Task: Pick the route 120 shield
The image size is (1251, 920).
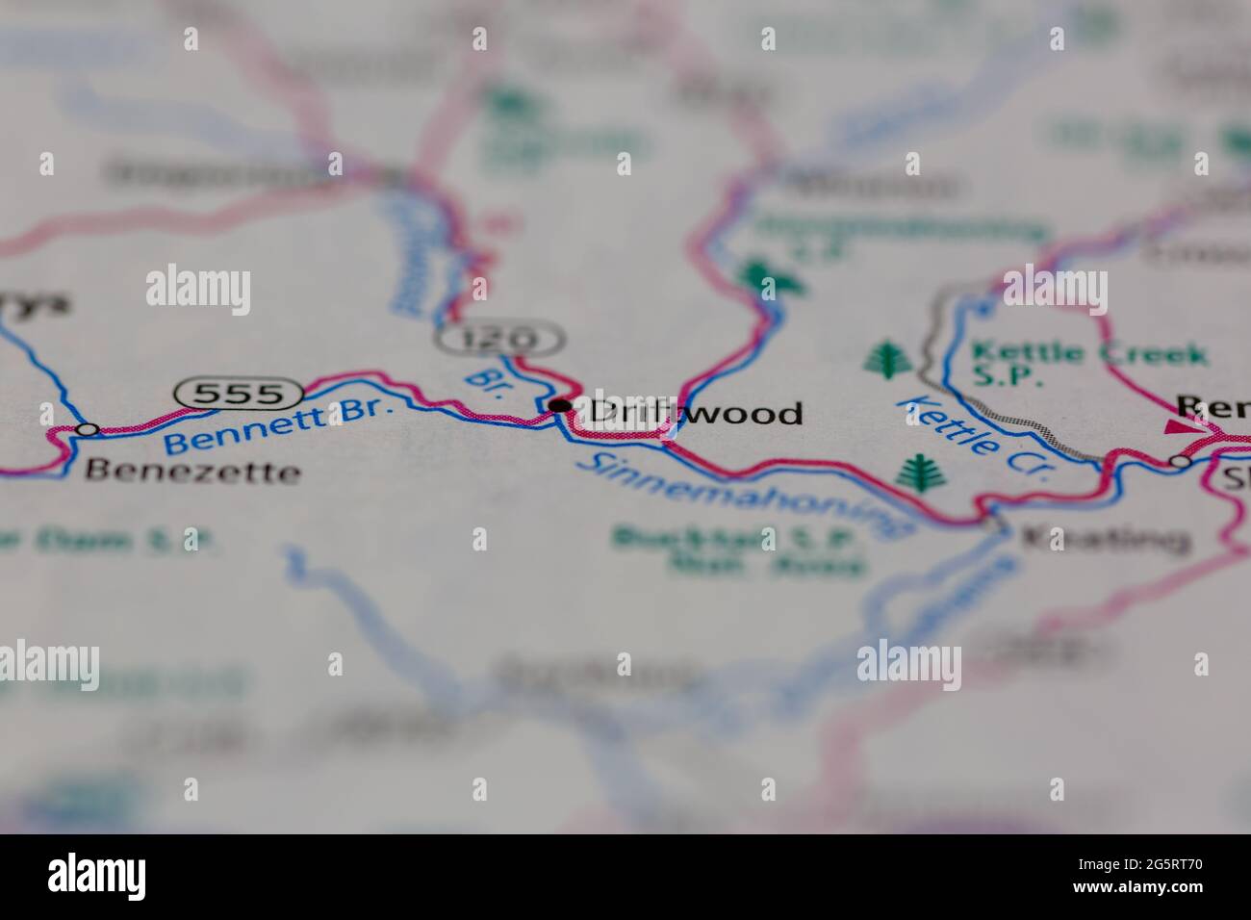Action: (499, 338)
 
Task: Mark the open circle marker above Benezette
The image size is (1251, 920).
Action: (88, 429)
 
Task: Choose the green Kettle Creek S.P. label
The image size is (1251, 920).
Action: (1087, 365)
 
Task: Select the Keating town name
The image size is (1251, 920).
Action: (1103, 539)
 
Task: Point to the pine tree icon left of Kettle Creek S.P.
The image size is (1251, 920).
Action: (885, 358)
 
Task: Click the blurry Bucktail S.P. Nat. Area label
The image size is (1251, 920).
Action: (739, 549)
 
